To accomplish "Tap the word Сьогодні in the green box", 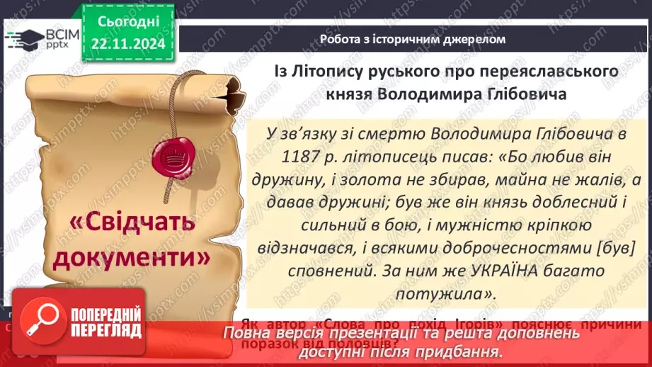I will point(127,22).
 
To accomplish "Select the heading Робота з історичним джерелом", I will point(413,39).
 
